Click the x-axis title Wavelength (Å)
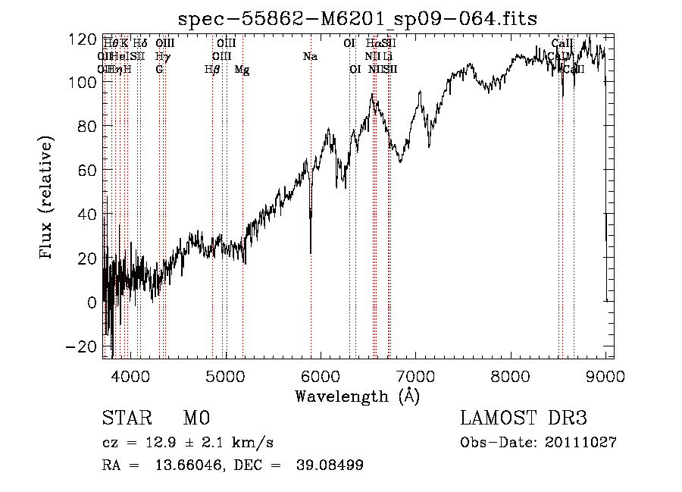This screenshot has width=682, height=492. click(x=357, y=396)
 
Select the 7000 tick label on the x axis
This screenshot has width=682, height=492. click(x=415, y=376)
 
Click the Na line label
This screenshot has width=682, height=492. click(x=310, y=57)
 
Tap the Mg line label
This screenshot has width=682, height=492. click(x=242, y=70)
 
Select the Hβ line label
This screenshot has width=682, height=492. click(x=212, y=70)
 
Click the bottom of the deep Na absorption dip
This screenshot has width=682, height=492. click(x=311, y=252)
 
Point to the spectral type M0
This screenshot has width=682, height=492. click(x=196, y=419)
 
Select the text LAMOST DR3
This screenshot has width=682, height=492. click(x=524, y=419)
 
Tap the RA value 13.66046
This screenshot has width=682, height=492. click(x=183, y=465)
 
